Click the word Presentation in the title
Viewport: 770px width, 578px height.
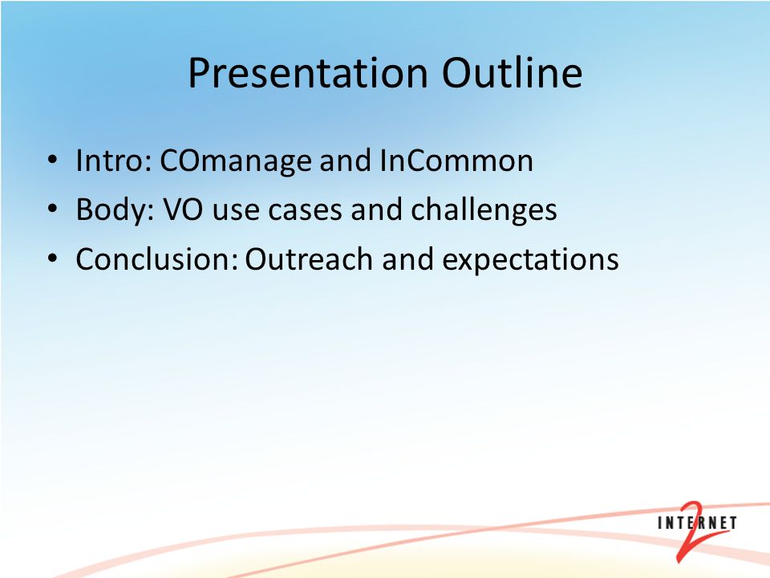[x=308, y=73]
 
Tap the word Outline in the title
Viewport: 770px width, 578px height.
[x=513, y=73]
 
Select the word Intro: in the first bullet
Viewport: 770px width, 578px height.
[x=113, y=161]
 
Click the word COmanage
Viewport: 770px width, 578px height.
[x=236, y=161]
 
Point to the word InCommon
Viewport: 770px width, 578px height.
[x=456, y=161]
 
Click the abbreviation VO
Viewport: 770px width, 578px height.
[x=183, y=210]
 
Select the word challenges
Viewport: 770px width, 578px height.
[x=484, y=210]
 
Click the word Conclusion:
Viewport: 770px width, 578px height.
[x=157, y=259]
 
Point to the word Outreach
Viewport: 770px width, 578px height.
[x=308, y=259]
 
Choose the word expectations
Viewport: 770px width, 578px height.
[x=530, y=260]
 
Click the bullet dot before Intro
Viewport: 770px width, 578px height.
[x=53, y=160]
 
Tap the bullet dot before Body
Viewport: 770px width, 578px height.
[x=53, y=209]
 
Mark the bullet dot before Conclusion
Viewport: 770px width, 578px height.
[x=53, y=258]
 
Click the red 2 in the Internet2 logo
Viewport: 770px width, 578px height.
[x=692, y=531]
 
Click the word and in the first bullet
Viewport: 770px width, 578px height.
[x=345, y=161]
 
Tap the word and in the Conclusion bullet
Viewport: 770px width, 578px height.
[x=407, y=259]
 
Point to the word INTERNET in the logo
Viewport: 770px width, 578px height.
[x=697, y=523]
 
